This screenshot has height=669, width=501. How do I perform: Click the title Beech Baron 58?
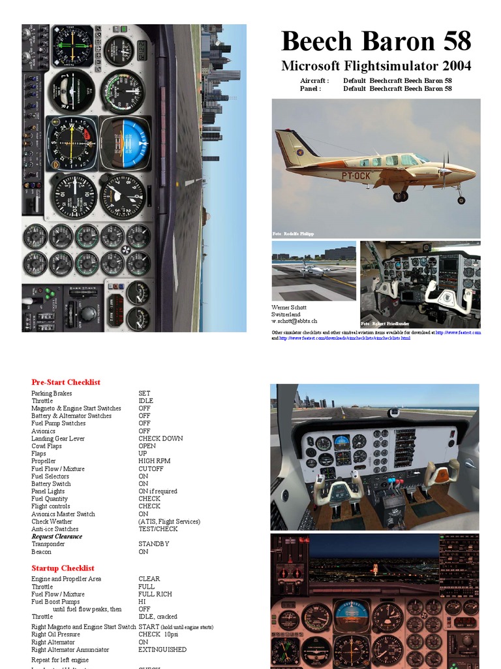click(x=376, y=41)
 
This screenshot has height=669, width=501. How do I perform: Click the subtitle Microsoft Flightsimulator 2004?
click(x=376, y=66)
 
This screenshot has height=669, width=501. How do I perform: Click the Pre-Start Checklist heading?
click(x=66, y=382)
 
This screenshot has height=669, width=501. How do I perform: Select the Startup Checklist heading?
click(x=63, y=568)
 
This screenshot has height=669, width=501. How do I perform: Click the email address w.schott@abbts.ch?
click(x=295, y=321)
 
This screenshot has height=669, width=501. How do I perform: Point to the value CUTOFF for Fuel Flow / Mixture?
click(x=151, y=469)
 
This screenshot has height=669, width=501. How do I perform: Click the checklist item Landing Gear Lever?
click(x=58, y=438)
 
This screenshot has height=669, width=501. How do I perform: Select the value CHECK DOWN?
click(x=160, y=438)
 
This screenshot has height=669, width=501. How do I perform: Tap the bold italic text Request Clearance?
click(x=57, y=536)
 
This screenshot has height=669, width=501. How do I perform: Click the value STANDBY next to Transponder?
click(x=154, y=544)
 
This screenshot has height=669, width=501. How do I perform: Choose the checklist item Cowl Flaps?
click(x=46, y=446)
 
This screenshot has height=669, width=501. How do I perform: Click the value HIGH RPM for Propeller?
click(x=154, y=461)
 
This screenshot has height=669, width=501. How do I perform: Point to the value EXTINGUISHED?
click(x=162, y=650)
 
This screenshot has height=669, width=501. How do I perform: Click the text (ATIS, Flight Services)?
click(x=169, y=521)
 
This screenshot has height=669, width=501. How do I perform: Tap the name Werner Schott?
click(x=289, y=307)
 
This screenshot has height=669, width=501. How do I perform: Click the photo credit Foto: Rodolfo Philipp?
click(x=294, y=233)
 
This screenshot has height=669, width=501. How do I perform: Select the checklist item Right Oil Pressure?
click(x=55, y=634)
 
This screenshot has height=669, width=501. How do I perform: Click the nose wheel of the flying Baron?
click(x=461, y=200)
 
